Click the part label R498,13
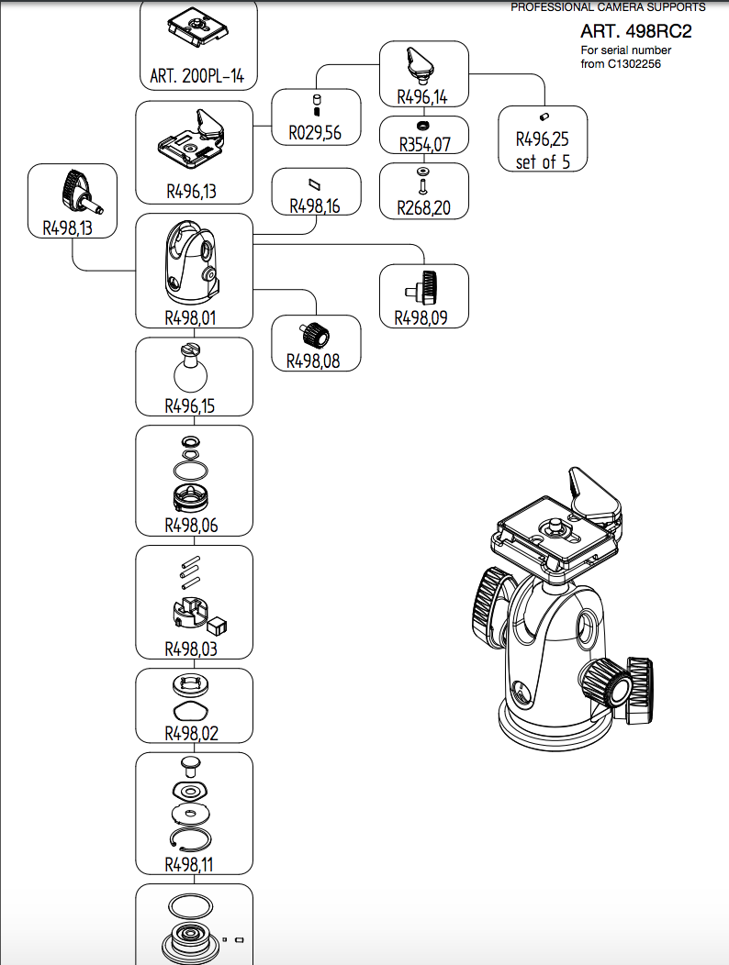click(x=68, y=228)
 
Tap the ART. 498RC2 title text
click(x=635, y=31)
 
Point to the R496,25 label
click(x=542, y=140)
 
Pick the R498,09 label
click(x=423, y=317)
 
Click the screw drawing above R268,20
click(x=423, y=183)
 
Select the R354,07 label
click(x=424, y=144)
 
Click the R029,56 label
click(x=315, y=134)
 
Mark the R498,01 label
click(x=194, y=318)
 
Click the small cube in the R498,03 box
click(x=219, y=625)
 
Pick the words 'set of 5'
click(x=542, y=162)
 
